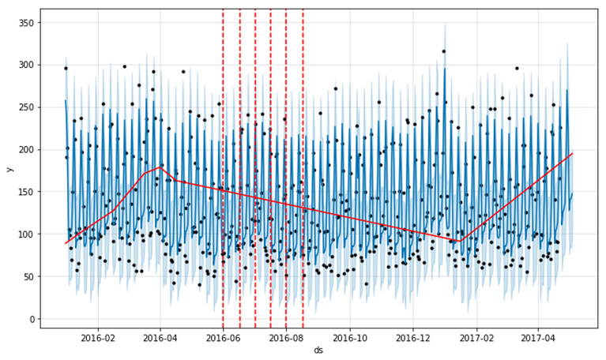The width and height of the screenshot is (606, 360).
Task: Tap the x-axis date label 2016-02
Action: pos(98,337)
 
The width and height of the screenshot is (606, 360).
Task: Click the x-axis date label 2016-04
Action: pos(160,337)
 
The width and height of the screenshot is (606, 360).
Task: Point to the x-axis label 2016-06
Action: pos(224,337)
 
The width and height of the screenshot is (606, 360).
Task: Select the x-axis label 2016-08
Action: pos(287,337)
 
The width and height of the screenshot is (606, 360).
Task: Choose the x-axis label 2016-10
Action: pos(349,337)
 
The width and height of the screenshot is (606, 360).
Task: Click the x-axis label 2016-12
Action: pos(412,337)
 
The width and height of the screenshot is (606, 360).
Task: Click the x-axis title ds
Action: pos(318,350)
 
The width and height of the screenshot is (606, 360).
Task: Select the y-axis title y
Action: pos(9,169)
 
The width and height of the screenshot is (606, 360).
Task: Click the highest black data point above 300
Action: pos(444,51)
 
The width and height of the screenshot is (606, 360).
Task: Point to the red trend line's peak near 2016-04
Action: pos(160,167)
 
